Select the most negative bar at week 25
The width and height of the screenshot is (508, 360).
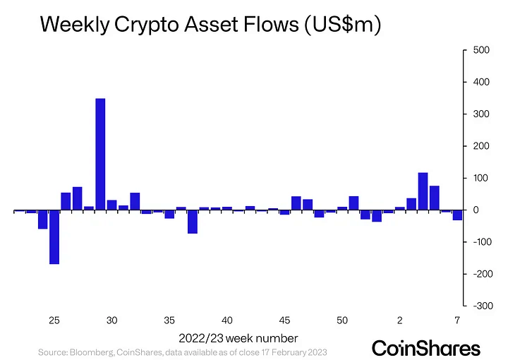54,237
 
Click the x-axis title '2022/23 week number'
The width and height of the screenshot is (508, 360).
238,337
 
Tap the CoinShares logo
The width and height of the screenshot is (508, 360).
425,348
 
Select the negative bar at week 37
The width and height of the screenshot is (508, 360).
193,222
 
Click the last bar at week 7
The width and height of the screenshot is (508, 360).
457,215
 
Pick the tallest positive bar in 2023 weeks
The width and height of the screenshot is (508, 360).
423,191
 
